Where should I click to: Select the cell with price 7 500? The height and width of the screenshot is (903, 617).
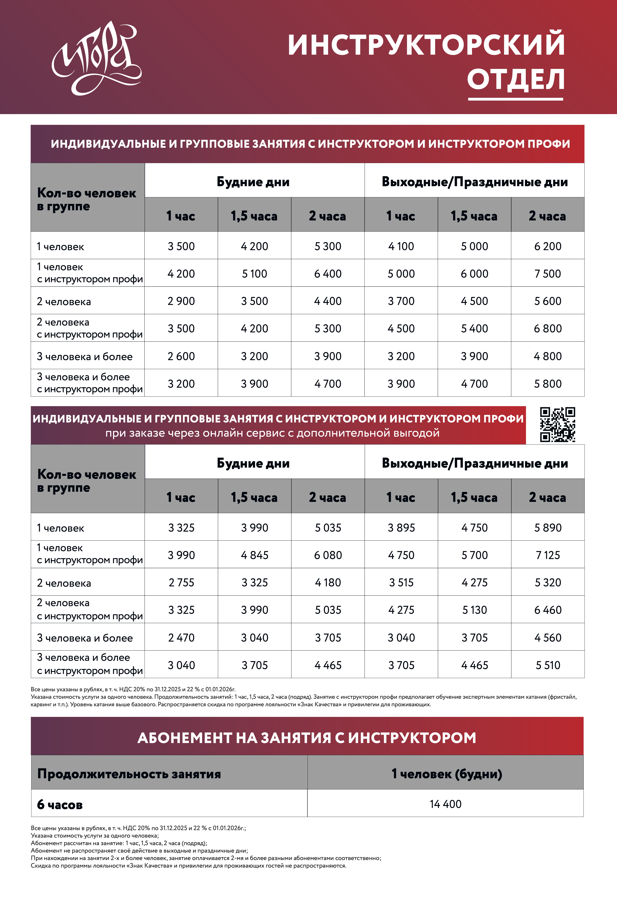[547, 274]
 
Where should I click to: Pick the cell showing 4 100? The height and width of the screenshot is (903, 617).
[401, 246]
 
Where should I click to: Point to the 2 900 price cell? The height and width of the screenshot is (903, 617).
[181, 301]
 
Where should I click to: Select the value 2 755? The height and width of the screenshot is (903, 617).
[181, 582]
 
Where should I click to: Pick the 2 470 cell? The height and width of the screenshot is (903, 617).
[181, 638]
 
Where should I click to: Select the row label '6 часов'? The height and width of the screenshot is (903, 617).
[60, 804]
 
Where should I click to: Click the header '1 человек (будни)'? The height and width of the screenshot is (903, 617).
[446, 774]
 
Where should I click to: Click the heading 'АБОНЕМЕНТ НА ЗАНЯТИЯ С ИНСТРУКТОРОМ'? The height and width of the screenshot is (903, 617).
[307, 737]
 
